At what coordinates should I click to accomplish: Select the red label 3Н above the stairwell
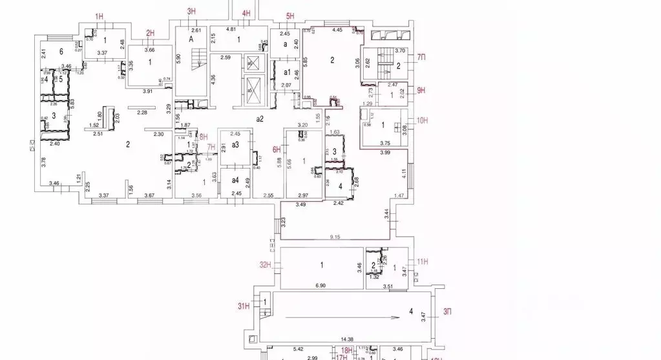tap(191, 11)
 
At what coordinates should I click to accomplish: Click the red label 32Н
tap(264, 264)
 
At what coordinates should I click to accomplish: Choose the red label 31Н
tap(243, 306)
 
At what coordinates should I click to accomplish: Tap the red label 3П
tap(446, 312)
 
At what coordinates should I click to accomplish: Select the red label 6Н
tap(277, 149)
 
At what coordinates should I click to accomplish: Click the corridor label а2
tap(260, 119)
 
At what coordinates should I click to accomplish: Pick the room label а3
tap(236, 145)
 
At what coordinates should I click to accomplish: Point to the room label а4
tap(236, 180)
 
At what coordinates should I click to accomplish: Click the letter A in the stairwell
tap(191, 39)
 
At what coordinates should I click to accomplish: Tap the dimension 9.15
tap(335, 237)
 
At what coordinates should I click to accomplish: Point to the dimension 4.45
tap(337, 30)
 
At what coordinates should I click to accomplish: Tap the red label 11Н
tap(423, 262)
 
